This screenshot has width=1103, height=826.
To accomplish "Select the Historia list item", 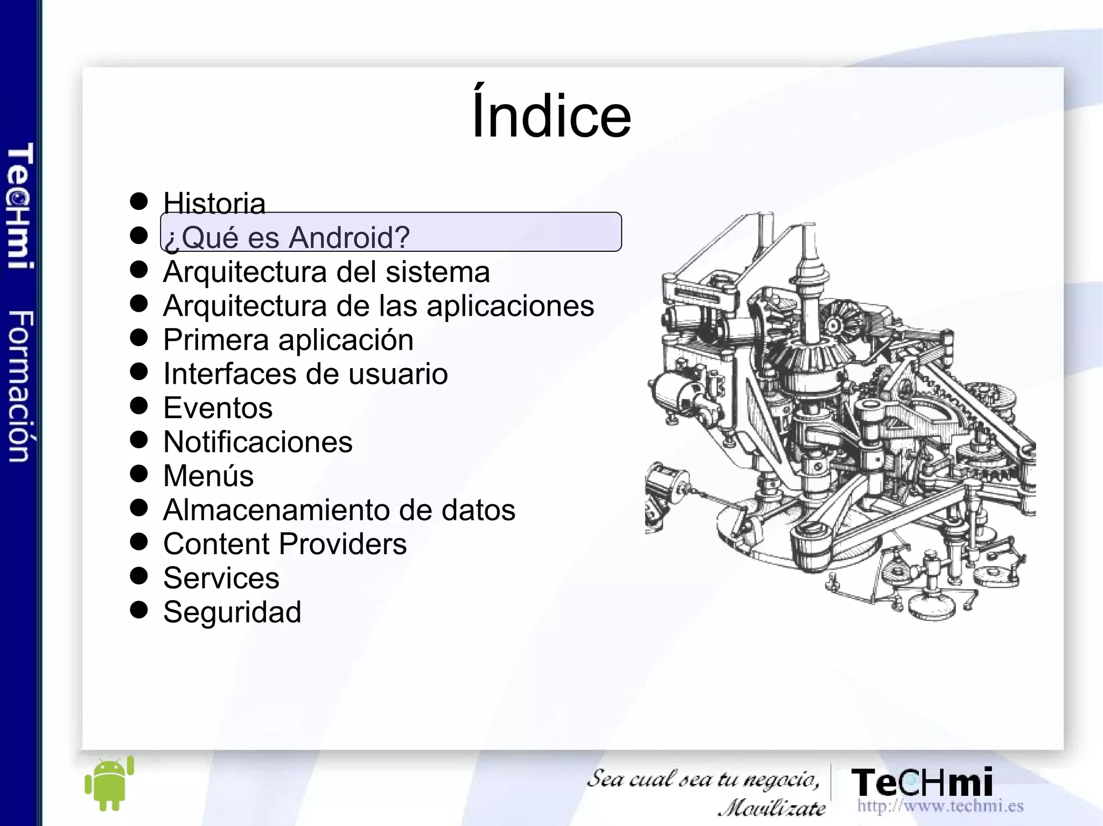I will coord(214,203).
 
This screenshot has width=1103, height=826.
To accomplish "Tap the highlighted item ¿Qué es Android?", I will coord(287,237).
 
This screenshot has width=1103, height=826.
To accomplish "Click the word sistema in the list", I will coord(437,271).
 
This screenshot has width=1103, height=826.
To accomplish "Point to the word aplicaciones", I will coord(510,306).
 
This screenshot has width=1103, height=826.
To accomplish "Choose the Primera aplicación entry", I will coord(288,340).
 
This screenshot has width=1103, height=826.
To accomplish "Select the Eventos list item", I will coord(218,407).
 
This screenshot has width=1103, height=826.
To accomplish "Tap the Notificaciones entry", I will coord(257,442).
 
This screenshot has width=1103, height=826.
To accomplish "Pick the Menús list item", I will coord(208,476).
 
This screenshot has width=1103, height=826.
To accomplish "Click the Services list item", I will coord(221,577).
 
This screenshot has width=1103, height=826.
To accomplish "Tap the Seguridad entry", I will coord(232,612).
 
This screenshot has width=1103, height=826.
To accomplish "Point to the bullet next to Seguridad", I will coord(139,609).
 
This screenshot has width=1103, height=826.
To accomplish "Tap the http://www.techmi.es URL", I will coord(940,806).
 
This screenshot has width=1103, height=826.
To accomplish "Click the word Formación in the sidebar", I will coord(21,386).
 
